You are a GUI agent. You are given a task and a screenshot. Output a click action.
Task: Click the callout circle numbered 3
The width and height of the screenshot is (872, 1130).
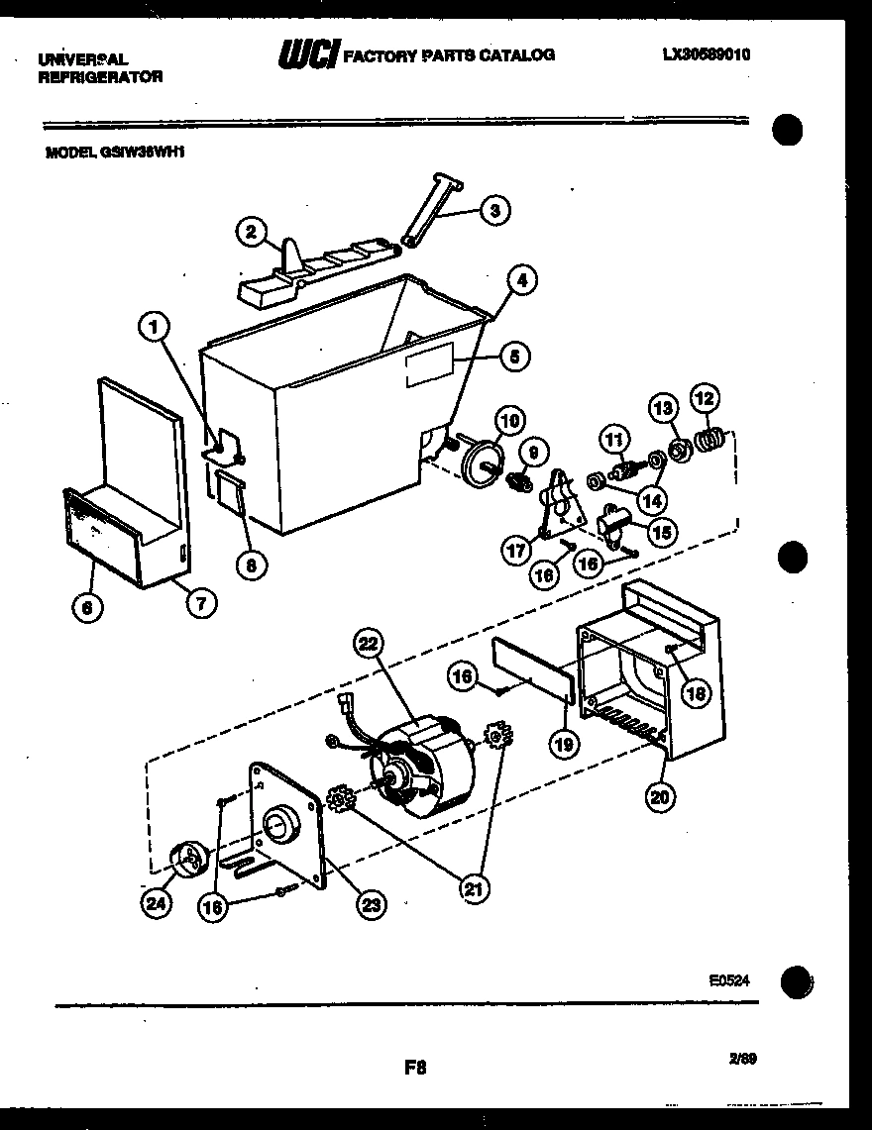[x=495, y=209]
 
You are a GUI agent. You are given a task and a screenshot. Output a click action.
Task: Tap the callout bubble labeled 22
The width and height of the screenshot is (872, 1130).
[x=368, y=645]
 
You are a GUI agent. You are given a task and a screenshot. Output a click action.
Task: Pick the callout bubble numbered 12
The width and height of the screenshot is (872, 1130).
[x=705, y=398]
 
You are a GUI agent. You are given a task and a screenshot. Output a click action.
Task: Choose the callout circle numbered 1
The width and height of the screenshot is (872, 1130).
[x=154, y=326]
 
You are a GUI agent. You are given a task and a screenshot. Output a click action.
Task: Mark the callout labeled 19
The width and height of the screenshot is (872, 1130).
[x=562, y=744]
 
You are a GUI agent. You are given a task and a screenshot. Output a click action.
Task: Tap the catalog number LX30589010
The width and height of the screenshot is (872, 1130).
[x=706, y=55]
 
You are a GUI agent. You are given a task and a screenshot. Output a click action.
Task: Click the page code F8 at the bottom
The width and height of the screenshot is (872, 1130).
[x=414, y=1068]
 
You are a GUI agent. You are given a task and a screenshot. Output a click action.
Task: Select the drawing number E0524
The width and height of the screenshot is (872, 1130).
[x=728, y=979]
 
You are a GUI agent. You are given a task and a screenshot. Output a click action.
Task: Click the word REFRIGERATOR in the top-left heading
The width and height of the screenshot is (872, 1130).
[x=100, y=76]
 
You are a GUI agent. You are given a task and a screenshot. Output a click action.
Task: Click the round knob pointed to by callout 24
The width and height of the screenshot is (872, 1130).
[x=188, y=860]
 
